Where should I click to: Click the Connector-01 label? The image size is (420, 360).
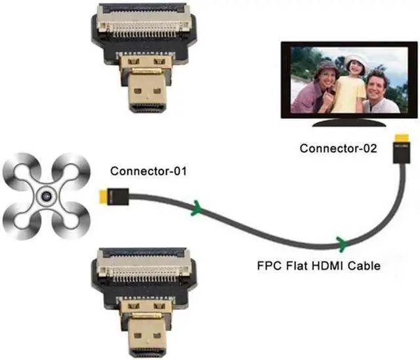tap(148, 172)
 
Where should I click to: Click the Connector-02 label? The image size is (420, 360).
tap(338, 148)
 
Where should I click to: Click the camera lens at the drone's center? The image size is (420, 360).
tap(46, 197)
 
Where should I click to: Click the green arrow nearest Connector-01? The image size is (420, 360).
tap(195, 210)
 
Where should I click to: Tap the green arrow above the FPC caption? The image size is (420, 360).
tap(341, 242)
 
